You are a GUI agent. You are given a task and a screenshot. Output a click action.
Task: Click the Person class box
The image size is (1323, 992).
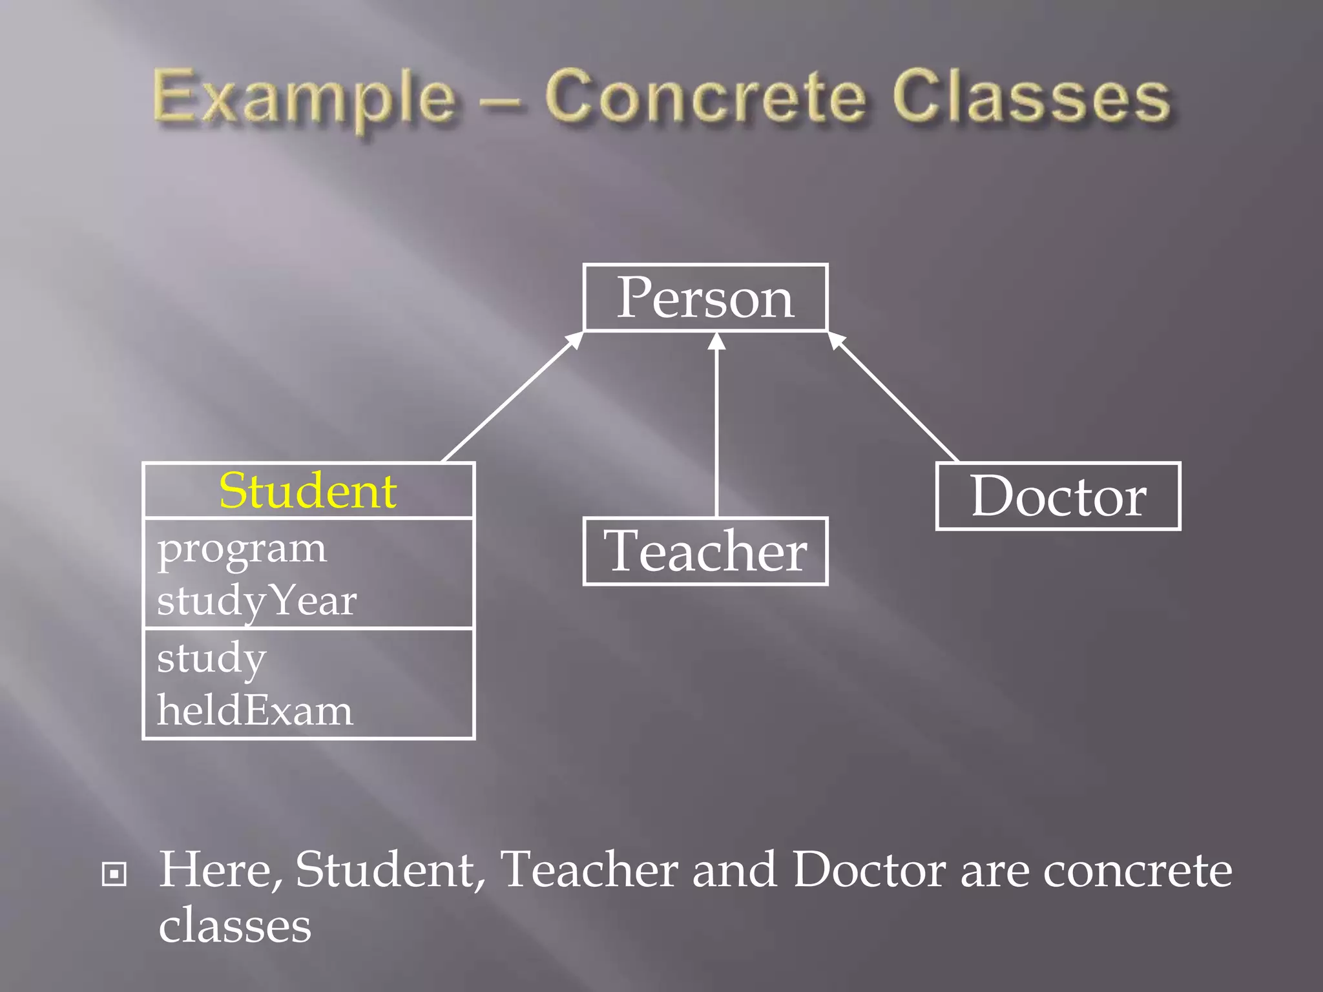[x=705, y=298]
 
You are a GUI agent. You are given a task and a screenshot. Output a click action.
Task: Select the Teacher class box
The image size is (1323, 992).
[x=705, y=551]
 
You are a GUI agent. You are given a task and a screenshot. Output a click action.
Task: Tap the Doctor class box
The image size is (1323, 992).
[x=1058, y=496]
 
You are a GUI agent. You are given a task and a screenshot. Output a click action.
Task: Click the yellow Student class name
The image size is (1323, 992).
[x=307, y=491]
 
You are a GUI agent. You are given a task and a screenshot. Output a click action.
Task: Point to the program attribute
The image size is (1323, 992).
[x=242, y=549]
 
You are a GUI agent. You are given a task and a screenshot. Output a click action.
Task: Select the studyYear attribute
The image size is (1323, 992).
[x=256, y=601]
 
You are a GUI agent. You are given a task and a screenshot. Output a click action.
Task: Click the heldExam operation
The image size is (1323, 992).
[x=255, y=710]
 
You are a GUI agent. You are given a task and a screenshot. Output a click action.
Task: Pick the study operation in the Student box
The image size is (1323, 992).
[x=212, y=659]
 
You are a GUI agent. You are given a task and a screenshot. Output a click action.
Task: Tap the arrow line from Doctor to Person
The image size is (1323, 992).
[x=895, y=399]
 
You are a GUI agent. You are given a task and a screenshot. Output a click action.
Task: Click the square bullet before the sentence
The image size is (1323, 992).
[x=114, y=874]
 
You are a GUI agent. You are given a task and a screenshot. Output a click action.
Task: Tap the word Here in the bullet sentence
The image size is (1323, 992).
[x=220, y=870]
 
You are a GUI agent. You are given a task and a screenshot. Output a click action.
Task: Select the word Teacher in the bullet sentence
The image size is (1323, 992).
[x=589, y=870]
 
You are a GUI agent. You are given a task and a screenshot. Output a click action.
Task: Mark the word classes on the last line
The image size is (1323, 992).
[x=235, y=925]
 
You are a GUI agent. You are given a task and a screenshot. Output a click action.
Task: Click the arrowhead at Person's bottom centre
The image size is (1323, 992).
[x=716, y=340]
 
